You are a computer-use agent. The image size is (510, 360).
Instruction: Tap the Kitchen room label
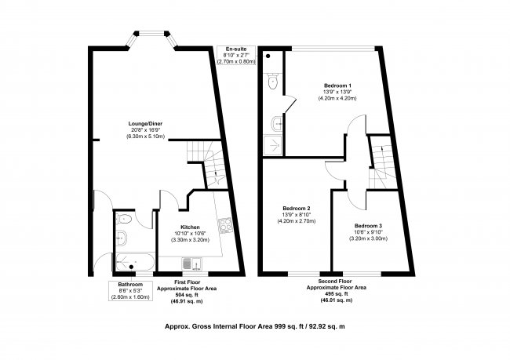(191, 227)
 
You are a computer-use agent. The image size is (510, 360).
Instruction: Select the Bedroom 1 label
(337, 85)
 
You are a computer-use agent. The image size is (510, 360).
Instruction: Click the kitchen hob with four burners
(224, 226)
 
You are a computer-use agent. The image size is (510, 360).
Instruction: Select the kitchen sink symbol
(188, 264)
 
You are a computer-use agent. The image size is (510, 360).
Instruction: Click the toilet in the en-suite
(271, 81)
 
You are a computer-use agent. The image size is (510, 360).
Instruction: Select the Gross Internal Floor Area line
(255, 325)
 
